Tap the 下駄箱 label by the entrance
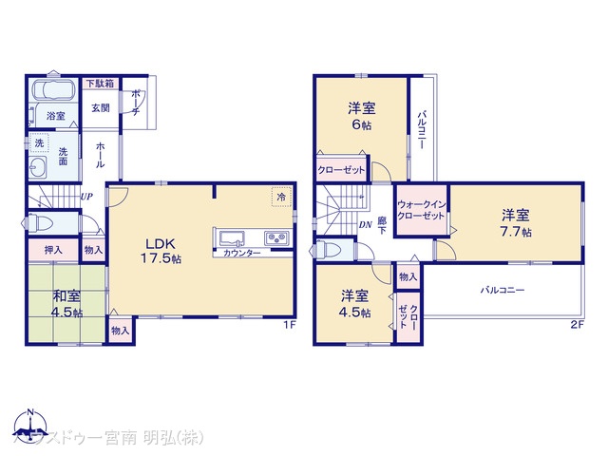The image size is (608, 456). click(x=98, y=84)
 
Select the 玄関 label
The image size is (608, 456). click(x=101, y=107)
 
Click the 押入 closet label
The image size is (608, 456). click(x=53, y=250)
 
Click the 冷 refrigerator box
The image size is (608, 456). click(x=281, y=197)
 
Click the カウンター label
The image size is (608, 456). click(x=242, y=254)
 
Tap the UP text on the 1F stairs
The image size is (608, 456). click(x=86, y=197)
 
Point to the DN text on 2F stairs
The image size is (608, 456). click(x=366, y=224)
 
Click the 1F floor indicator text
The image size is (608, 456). click(x=291, y=325)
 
